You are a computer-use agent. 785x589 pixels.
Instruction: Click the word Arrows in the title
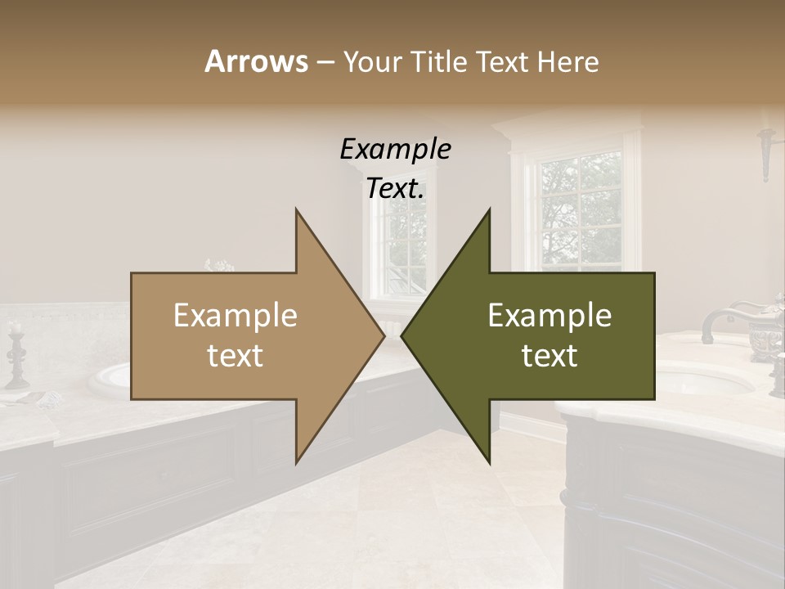coord(256,61)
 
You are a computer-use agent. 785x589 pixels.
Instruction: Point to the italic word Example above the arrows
coord(395,150)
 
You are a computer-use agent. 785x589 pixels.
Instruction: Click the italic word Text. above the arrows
coord(395,189)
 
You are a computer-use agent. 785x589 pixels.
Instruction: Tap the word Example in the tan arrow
coord(235,316)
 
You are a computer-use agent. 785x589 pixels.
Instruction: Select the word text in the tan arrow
coord(235,356)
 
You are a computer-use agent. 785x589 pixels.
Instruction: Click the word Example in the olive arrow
coord(549,316)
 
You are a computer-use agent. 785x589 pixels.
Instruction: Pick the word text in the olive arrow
coord(549,356)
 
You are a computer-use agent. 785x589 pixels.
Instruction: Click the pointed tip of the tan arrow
coord(383,335)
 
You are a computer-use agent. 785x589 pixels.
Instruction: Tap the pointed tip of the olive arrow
coord(402,335)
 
